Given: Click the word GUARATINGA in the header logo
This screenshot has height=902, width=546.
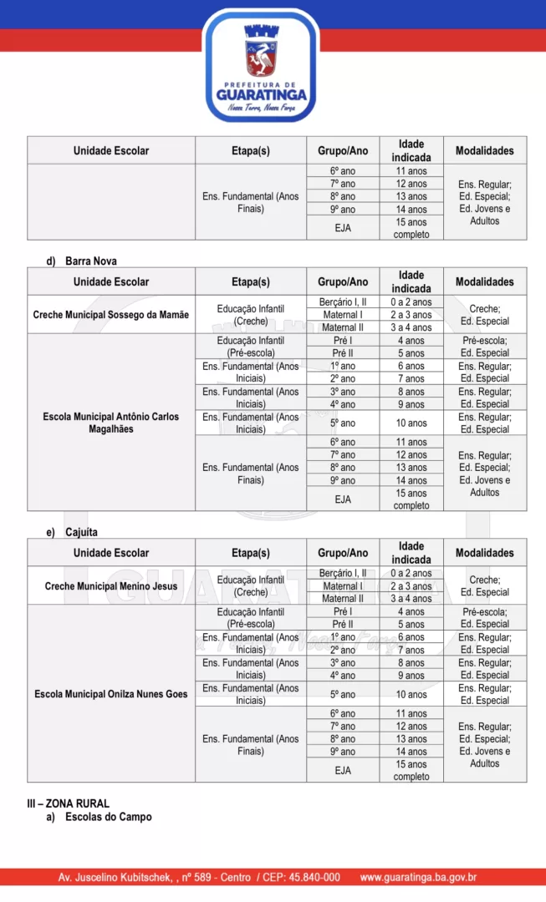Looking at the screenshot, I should (x=263, y=94).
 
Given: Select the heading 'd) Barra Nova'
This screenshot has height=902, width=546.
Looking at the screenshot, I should (x=82, y=261).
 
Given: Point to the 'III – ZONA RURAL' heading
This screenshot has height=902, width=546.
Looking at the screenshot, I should (x=69, y=803).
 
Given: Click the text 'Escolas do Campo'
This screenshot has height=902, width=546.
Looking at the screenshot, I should (x=109, y=817).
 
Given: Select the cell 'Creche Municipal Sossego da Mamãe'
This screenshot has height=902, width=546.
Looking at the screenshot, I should (x=111, y=315).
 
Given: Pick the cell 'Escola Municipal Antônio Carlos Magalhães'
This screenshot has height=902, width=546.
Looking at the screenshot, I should (x=111, y=423).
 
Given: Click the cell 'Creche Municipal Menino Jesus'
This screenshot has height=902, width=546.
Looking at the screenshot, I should (x=111, y=586).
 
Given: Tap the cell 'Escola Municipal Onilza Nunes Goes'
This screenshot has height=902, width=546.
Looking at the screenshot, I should (x=111, y=694).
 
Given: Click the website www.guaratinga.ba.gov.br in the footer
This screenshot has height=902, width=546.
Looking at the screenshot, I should (x=418, y=877).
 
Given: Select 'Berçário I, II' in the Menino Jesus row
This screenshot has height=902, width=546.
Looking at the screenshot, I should (x=343, y=573).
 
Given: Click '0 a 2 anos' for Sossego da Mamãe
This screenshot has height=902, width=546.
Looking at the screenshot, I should (x=411, y=302).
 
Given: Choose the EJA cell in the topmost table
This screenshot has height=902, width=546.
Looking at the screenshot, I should (x=343, y=228).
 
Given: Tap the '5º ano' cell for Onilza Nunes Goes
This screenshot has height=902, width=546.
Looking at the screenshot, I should (x=343, y=694).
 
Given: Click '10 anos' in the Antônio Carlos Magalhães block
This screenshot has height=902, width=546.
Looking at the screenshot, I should (x=411, y=423).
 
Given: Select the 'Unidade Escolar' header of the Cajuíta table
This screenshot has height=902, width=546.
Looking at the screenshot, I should (x=111, y=553).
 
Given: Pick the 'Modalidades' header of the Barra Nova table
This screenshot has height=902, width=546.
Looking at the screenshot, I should (x=485, y=281).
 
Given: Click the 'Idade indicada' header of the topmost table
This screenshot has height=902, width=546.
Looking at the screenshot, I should (x=411, y=150).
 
